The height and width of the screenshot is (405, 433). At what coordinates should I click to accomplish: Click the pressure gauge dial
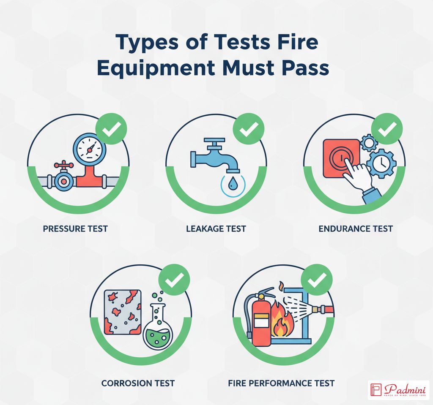click(x=89, y=148)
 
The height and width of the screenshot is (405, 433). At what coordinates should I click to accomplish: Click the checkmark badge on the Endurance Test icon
click(x=387, y=129)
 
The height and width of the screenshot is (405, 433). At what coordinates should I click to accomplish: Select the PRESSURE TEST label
click(x=75, y=229)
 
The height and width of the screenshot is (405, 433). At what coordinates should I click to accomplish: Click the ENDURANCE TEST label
click(x=356, y=229)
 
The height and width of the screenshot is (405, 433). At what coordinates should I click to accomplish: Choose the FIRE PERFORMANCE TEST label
click(x=281, y=383)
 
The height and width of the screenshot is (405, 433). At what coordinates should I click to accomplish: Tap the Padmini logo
click(x=398, y=390)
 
